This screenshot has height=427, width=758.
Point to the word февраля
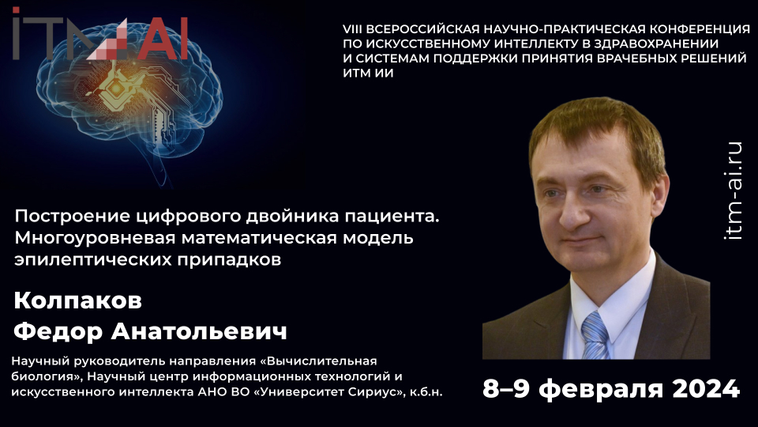598,388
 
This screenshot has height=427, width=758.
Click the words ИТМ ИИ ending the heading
368,74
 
